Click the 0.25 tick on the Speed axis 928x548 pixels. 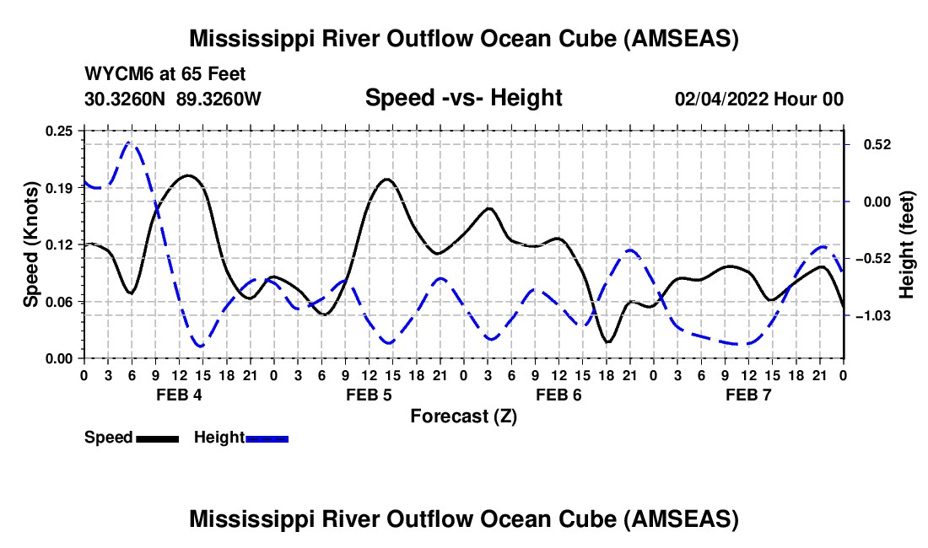tap(84, 131)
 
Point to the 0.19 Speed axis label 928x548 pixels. tap(60, 187)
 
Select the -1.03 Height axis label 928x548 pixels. tap(870, 315)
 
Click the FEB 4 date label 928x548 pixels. tap(178, 395)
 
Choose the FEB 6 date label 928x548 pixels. tap(558, 395)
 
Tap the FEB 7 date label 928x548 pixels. tap(748, 395)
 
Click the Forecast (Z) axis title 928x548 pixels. tap(463, 416)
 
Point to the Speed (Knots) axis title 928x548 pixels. tap(30, 244)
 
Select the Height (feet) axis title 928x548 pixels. tap(907, 244)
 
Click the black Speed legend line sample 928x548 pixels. tap(157, 438)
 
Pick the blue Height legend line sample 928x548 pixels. tap(267, 438)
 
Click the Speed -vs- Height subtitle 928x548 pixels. tap(463, 98)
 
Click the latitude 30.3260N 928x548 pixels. tap(127, 99)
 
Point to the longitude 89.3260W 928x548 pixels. tap(219, 99)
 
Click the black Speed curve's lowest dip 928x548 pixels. tap(607, 341)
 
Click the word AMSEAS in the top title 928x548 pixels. tap(684, 39)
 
